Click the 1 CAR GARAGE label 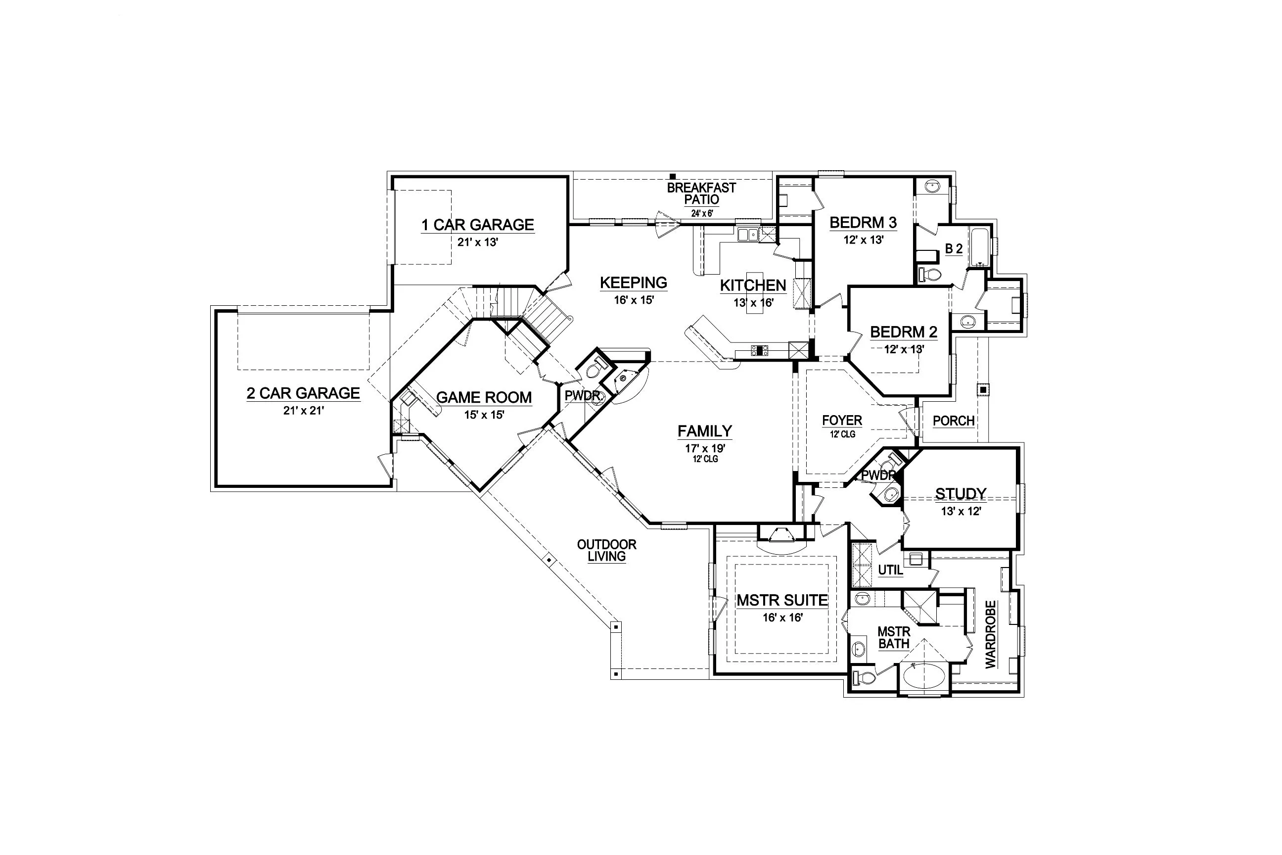point(477,225)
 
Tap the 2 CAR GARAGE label point(303,393)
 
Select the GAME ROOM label point(484,397)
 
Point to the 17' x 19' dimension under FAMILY point(705,448)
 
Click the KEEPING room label point(634,283)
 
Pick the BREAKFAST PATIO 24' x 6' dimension point(702,214)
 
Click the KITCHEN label point(753,285)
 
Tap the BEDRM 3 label point(863,223)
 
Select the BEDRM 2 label point(903,332)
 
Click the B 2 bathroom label point(953,249)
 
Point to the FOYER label point(842,421)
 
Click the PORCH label point(953,421)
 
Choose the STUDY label point(961,493)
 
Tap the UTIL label point(890,570)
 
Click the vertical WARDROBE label point(990,634)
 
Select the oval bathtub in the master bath point(924,677)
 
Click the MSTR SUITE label point(782,600)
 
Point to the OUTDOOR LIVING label point(607,550)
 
